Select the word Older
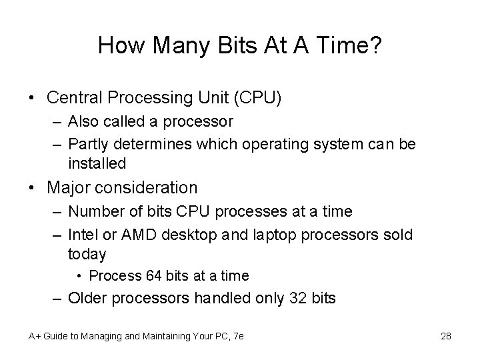click(x=88, y=298)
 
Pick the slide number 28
click(x=446, y=335)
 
